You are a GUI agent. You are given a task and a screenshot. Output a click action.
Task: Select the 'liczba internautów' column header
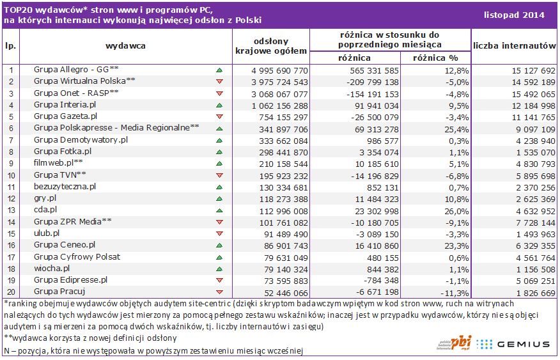coord(515,45)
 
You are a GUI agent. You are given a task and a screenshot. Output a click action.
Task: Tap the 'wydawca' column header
coord(125,45)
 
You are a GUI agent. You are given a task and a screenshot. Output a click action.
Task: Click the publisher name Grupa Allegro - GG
coord(76,70)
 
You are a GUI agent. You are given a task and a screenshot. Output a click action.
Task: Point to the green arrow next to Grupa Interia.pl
coord(219,105)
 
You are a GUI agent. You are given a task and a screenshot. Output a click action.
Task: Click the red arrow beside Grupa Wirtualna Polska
coord(219,82)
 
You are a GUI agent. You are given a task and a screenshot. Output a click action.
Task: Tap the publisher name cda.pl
coord(45,210)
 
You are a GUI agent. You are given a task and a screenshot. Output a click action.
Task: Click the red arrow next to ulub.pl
coord(219,233)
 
